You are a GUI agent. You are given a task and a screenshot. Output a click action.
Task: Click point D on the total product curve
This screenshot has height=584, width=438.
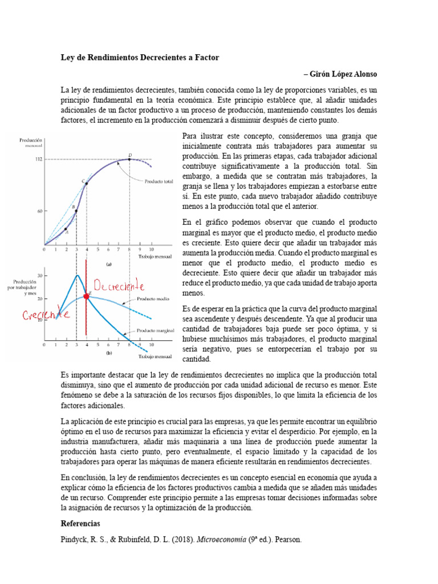(x=130, y=159)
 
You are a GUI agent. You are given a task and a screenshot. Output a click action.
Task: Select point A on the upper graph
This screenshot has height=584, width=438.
(x=66, y=229)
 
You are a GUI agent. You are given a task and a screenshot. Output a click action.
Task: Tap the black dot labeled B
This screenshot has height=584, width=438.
(x=76, y=211)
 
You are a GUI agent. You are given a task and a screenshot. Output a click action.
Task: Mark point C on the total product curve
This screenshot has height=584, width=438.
(x=87, y=184)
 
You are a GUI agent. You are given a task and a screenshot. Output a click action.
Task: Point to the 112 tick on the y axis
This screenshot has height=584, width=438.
(x=39, y=159)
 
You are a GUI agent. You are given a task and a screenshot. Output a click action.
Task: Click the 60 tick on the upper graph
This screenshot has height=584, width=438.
(x=39, y=211)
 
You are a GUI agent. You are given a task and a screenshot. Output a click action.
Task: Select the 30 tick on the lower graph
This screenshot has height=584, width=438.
(x=39, y=276)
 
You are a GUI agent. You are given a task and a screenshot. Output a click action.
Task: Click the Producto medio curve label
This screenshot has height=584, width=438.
(x=152, y=299)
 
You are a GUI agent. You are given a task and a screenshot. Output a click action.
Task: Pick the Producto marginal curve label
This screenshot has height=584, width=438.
(x=155, y=330)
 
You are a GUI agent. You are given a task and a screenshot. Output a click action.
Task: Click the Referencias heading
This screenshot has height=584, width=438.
(x=80, y=523)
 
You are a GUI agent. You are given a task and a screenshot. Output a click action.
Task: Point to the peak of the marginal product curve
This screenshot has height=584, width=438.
(x=76, y=275)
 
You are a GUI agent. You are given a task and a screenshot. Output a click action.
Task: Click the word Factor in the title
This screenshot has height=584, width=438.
(x=206, y=58)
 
